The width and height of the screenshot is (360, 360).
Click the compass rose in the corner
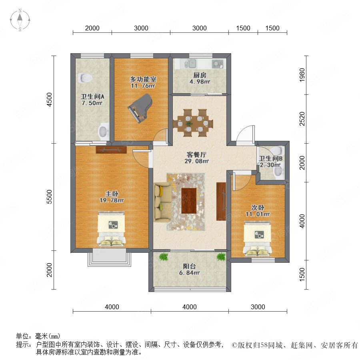[x=20, y=20]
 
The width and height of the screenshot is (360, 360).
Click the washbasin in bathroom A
[x=104, y=131]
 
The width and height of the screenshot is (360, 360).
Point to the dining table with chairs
[x=193, y=123]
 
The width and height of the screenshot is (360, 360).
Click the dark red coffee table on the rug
[x=189, y=201]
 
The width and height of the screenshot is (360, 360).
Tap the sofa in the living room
[x=162, y=202]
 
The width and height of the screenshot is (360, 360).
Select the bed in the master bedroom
[x=111, y=229]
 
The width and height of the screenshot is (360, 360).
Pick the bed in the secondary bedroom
[x=257, y=238]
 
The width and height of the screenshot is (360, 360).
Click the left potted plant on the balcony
[x=164, y=257]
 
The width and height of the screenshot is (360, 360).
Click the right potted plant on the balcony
[x=221, y=257]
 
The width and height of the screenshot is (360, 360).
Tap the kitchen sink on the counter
[x=190, y=63]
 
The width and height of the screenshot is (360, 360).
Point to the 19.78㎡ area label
[x=112, y=200]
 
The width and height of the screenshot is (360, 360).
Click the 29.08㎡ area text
[x=196, y=161]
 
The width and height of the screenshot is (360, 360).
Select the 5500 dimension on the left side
[x=49, y=197]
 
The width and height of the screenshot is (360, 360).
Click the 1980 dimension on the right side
[x=302, y=75]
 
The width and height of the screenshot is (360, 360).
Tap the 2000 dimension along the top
[x=92, y=28]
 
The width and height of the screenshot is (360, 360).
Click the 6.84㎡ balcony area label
[x=190, y=273]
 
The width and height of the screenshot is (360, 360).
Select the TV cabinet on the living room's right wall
[x=221, y=201]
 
